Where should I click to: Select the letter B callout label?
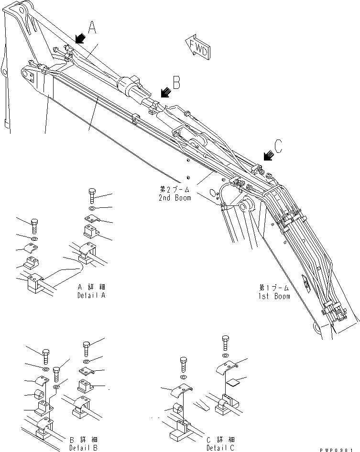pyautogui.click(x=176, y=84)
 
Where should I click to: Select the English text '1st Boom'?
pyautogui.click(x=275, y=296)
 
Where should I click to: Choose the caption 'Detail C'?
pyautogui.click(x=220, y=448)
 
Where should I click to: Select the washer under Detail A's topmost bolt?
pyautogui.click(x=91, y=209)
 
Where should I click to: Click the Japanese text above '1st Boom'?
pyautogui.click(x=274, y=288)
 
